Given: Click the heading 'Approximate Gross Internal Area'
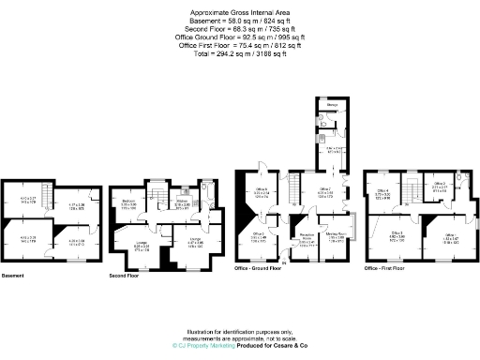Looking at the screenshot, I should [240, 11].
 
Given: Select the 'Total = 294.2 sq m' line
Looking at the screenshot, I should [240, 52].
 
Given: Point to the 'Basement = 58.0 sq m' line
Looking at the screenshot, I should [240, 21].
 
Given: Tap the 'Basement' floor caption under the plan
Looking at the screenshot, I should [13, 276].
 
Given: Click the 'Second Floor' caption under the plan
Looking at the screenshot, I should [124, 276].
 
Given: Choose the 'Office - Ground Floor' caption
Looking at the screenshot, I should [260, 269].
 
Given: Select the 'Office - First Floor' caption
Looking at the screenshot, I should [389, 269].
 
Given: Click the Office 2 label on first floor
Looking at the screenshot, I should [441, 184].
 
